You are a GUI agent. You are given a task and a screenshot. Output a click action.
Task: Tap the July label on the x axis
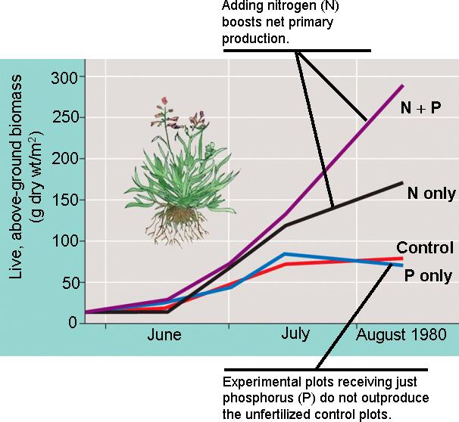[295, 334]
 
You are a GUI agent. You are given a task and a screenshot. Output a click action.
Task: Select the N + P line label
[421, 108]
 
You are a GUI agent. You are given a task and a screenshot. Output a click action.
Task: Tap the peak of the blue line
[284, 253]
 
